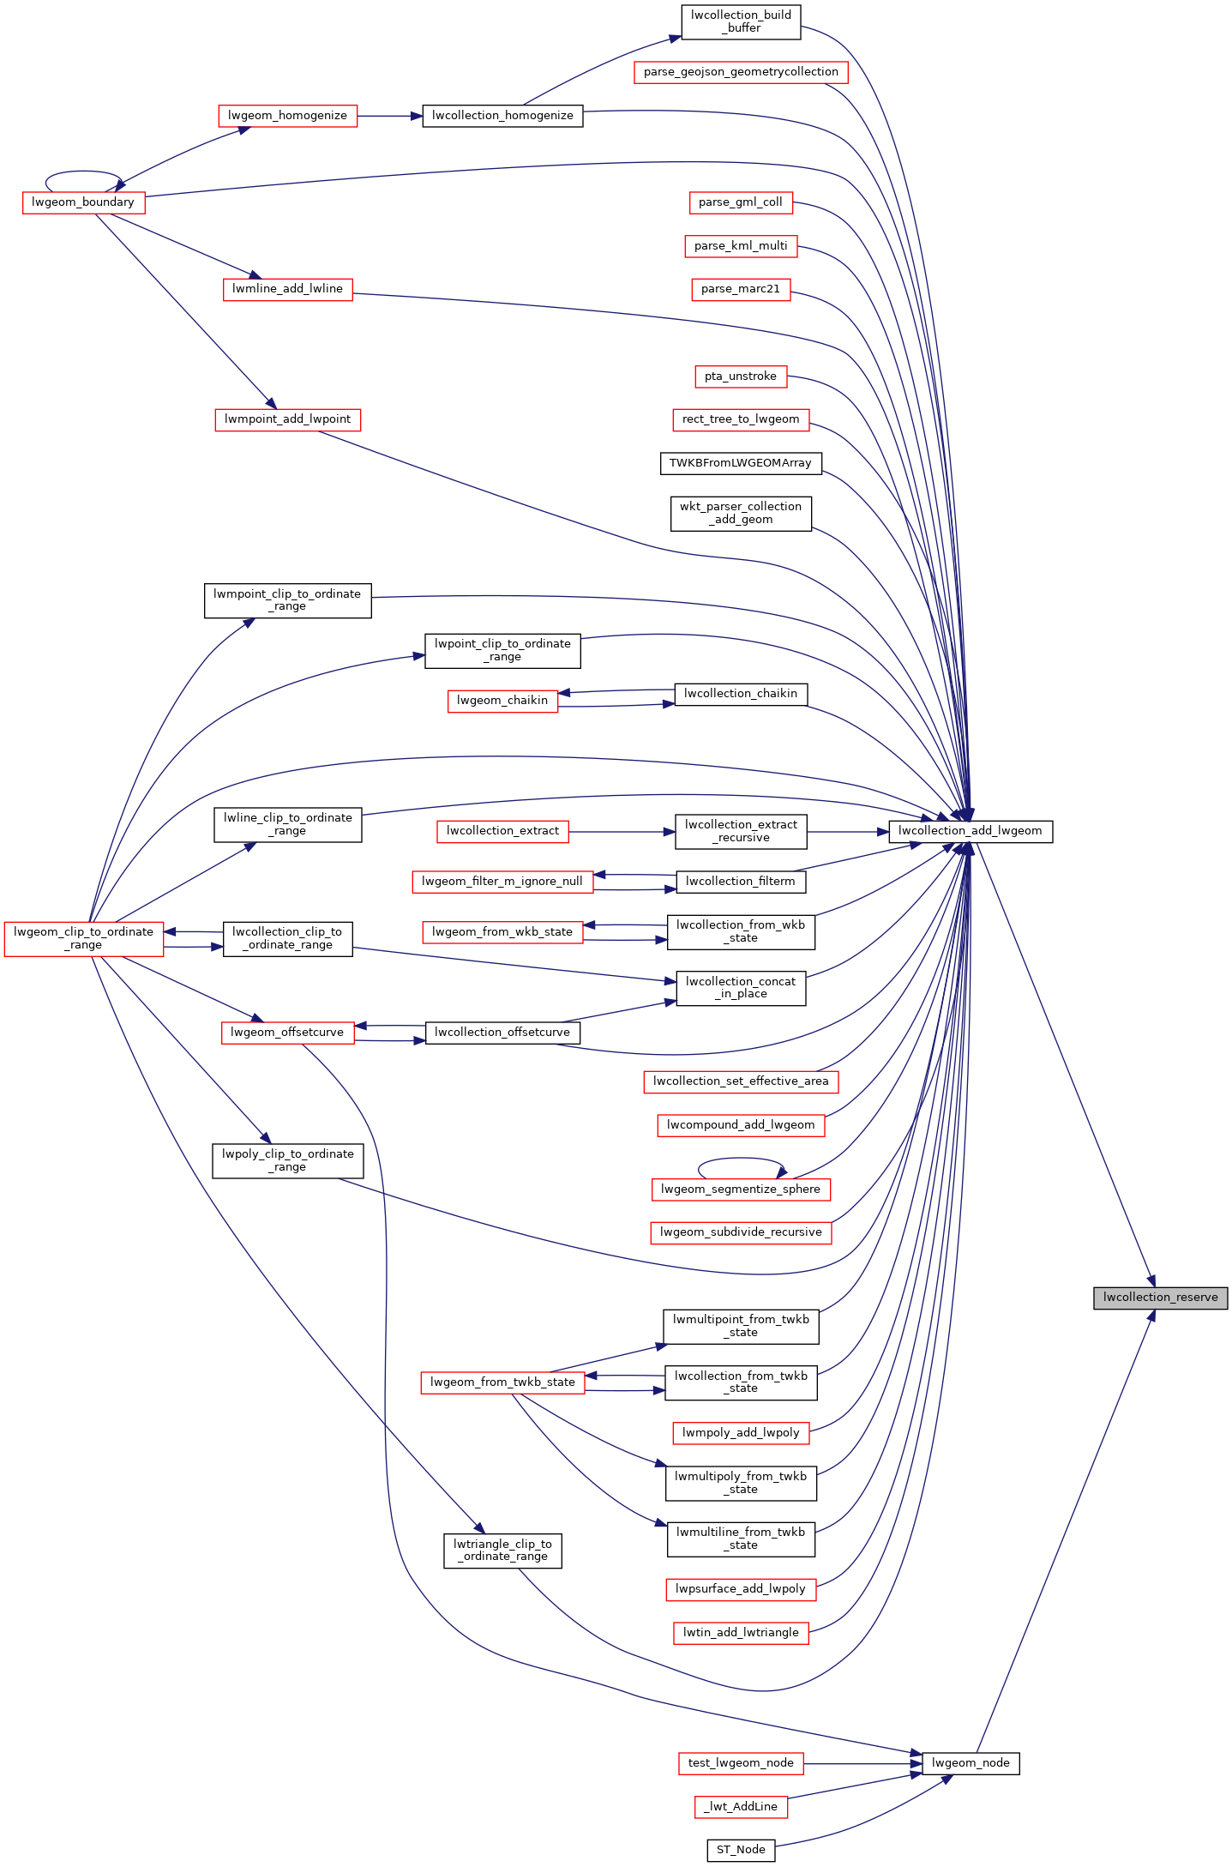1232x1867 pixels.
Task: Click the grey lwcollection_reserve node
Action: click(1160, 1298)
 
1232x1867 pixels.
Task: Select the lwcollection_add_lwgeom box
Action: click(970, 831)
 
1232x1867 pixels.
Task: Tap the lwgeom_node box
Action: click(971, 1763)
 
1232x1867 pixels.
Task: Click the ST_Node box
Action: click(741, 1850)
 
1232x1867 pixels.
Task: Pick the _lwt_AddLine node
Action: click(741, 1806)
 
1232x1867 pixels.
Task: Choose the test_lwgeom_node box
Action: click(741, 1763)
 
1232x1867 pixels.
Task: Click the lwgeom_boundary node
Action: click(83, 202)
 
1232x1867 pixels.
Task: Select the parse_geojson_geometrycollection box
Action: click(741, 72)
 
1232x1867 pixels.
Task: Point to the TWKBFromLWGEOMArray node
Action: click(741, 463)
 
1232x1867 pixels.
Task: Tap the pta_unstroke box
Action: click(741, 376)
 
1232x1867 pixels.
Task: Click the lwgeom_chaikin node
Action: click(502, 701)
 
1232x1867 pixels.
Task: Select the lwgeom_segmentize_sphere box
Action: click(741, 1189)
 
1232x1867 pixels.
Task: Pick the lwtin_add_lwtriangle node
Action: click(741, 1633)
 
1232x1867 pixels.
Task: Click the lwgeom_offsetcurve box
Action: click(287, 1033)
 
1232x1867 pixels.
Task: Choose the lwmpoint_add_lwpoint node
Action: click(287, 419)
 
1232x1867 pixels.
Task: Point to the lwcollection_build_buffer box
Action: click(741, 21)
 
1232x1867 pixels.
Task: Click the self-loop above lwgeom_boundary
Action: click(83, 172)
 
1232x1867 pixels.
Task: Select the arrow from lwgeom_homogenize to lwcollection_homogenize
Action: click(389, 116)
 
